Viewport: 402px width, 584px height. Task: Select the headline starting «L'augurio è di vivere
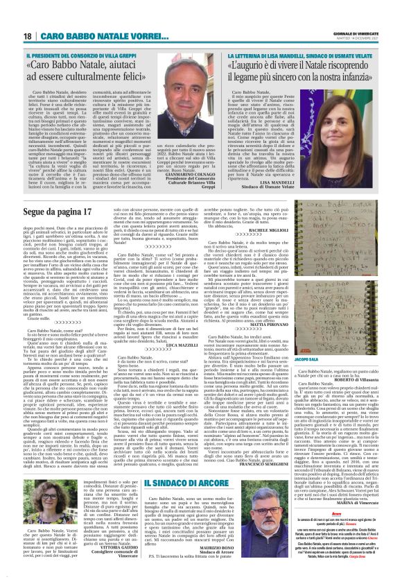pos(301,71)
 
